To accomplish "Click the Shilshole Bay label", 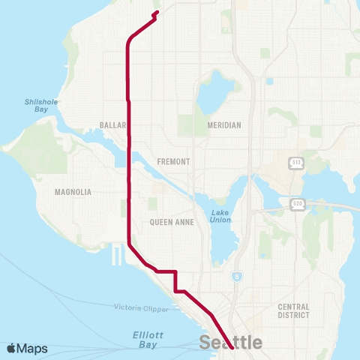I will click(41, 105).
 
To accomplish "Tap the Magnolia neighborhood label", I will click(73, 192).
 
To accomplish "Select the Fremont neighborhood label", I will click(174, 161).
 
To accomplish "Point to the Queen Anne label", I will click(172, 222).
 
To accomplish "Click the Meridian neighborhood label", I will click(224, 125).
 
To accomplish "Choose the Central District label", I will click(293, 310).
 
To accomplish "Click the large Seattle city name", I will click(230, 343).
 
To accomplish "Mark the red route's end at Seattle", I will click(232, 348).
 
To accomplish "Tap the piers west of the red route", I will click(116, 255).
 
